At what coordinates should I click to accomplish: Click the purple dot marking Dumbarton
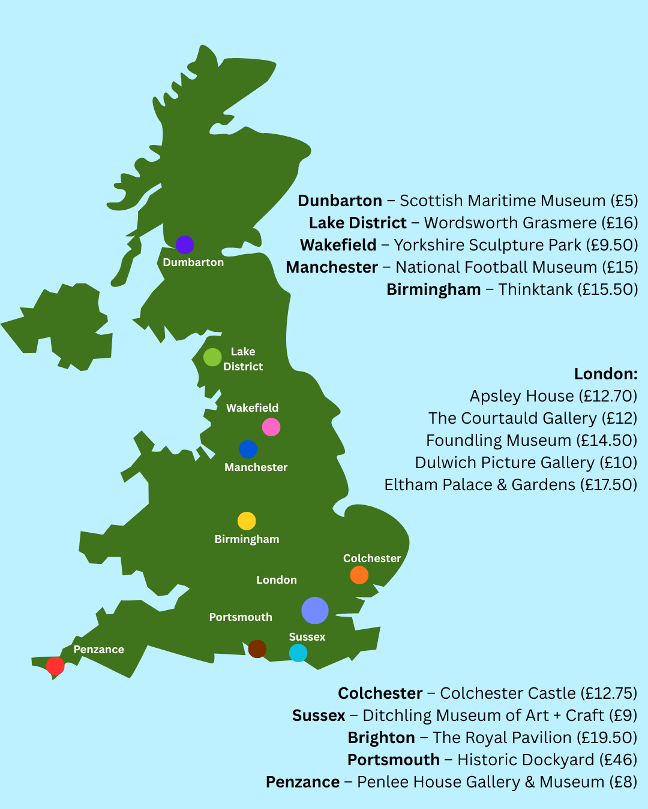(x=185, y=244)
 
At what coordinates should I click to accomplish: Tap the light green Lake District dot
(x=212, y=357)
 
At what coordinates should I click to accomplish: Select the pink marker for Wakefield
(x=271, y=427)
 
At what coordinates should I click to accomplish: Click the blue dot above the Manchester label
(x=248, y=449)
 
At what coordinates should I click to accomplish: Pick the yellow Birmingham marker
(x=247, y=521)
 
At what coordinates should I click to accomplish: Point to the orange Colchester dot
(x=359, y=575)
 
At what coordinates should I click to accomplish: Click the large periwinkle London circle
(x=315, y=611)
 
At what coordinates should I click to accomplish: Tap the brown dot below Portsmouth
(x=257, y=648)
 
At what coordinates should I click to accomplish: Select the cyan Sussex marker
(x=298, y=653)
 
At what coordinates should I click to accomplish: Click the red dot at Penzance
(x=55, y=666)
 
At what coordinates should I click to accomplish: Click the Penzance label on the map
(x=99, y=650)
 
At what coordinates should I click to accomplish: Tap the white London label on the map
(x=277, y=580)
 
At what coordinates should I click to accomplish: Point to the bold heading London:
(x=605, y=374)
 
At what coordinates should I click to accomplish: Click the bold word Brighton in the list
(x=382, y=738)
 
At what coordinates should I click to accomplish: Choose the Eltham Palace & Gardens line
(x=511, y=485)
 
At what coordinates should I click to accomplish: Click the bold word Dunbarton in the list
(x=340, y=201)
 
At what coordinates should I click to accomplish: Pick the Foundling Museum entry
(x=532, y=440)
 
